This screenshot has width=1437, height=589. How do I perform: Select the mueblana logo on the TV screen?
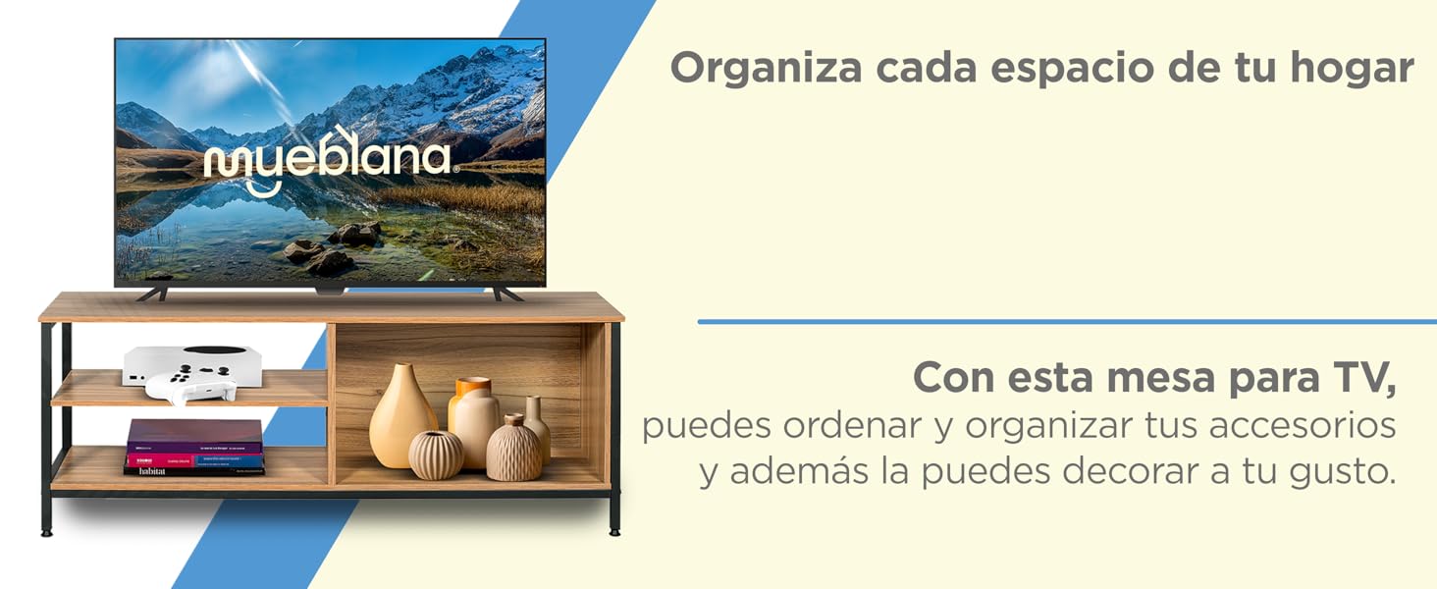click(x=328, y=159)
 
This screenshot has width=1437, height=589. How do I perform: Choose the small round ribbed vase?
click(x=436, y=455)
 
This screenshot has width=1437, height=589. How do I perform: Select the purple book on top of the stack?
click(x=195, y=433)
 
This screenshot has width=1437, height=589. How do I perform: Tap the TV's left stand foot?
click(x=152, y=294)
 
